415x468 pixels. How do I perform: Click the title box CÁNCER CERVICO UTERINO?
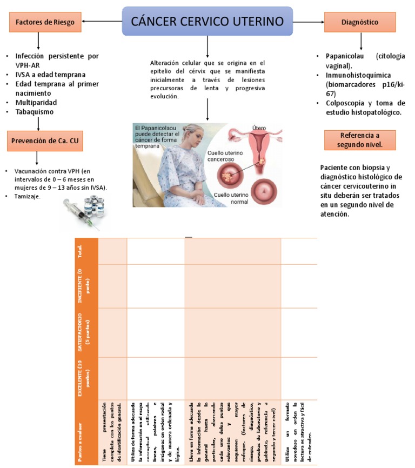(207, 22)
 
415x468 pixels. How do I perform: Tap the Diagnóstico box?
(360, 22)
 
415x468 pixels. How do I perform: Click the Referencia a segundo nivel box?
(360, 139)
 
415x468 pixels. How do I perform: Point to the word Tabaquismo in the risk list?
(35, 112)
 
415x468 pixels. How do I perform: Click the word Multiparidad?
(36, 102)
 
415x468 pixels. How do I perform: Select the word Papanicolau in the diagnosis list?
(346, 56)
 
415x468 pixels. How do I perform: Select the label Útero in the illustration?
(260, 128)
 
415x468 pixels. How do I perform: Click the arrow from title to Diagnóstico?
(309, 22)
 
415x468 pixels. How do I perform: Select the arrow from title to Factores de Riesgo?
(102, 22)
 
